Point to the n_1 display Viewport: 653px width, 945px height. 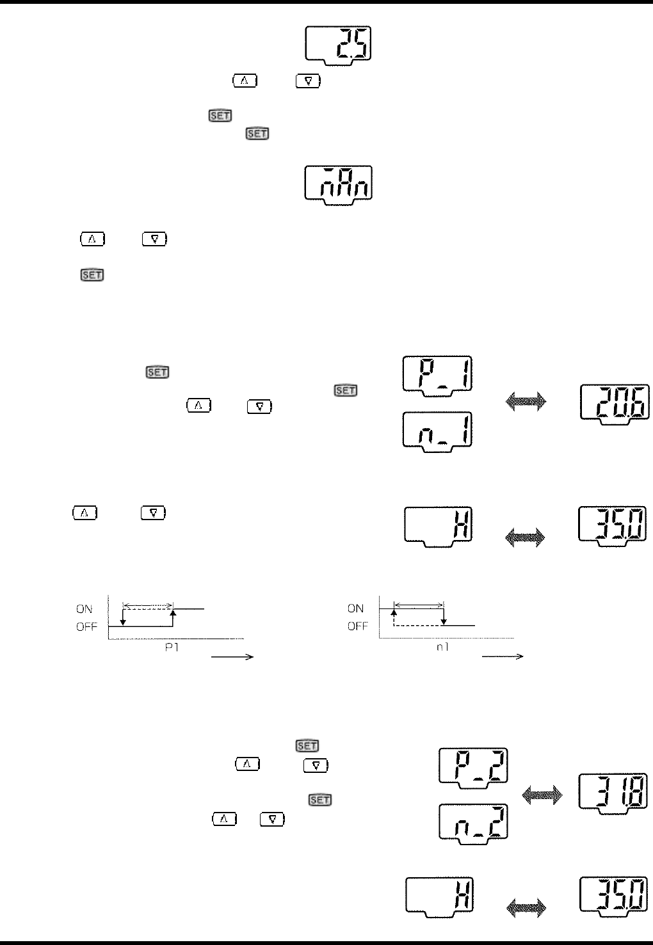click(438, 431)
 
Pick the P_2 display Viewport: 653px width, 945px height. click(474, 765)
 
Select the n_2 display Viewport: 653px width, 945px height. click(474, 822)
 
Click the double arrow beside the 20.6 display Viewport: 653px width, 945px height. click(526, 402)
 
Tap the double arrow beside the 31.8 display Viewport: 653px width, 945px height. click(542, 795)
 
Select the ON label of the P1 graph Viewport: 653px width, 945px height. click(86, 609)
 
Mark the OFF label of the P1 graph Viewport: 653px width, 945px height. click(86, 627)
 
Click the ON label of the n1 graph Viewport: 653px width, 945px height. click(356, 609)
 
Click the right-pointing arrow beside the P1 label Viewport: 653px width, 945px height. click(234, 656)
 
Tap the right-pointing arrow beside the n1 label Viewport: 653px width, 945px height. click(503, 656)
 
